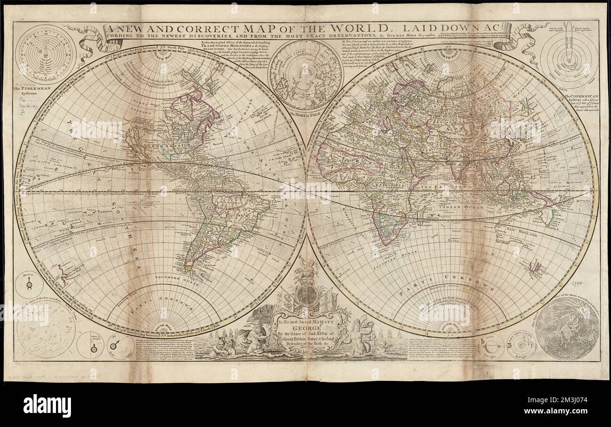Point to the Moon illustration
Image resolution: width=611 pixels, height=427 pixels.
click(567, 328)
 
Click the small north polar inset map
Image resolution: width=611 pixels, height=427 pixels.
click(305, 75)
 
